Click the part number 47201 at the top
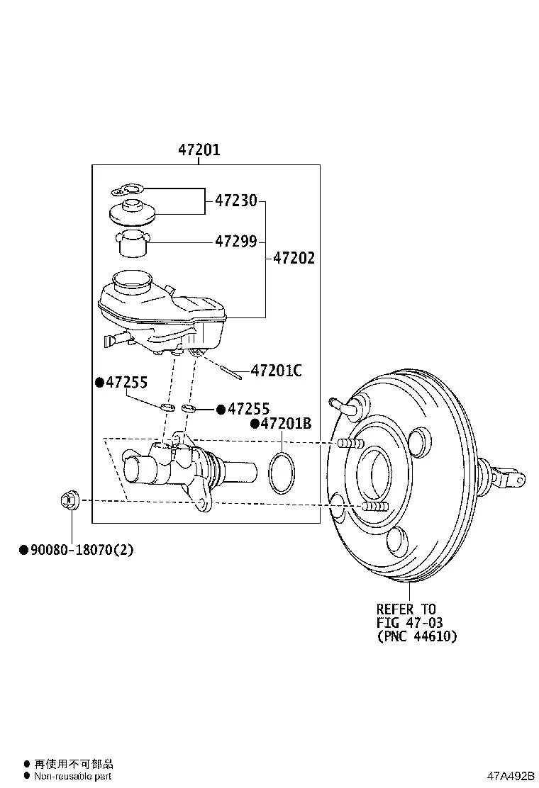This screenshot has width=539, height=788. point(199,150)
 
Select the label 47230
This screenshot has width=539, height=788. point(235,201)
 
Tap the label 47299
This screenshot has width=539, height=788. point(235,241)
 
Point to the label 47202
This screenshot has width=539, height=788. point(294,258)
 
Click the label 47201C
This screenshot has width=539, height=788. point(276,371)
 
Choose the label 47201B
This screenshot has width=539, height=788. point(286,424)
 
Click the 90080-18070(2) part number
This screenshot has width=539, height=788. point(82,549)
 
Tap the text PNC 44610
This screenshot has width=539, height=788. point(417,636)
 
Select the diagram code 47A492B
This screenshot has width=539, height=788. point(511,776)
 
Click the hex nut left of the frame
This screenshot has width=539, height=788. point(68,501)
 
